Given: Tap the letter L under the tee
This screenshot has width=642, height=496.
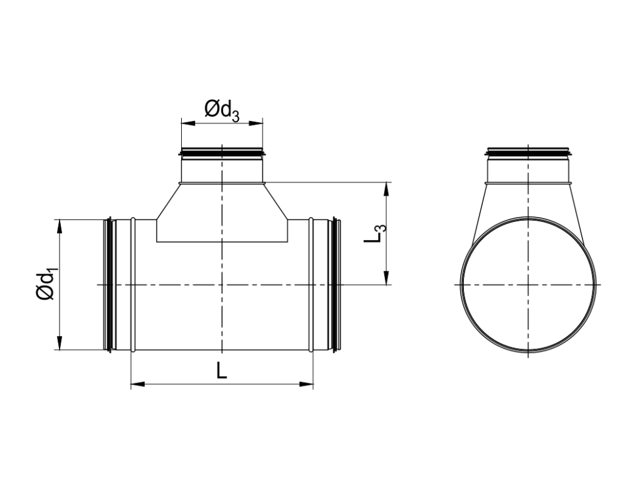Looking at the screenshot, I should tap(221, 371).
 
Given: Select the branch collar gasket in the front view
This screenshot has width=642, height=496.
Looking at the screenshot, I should tap(222, 152).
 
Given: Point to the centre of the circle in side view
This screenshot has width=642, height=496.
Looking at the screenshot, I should tap(529, 285).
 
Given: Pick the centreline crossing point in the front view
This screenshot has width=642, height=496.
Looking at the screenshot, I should tap(222, 285).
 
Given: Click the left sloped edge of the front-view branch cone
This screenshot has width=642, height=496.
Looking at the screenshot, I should tap(167, 201).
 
